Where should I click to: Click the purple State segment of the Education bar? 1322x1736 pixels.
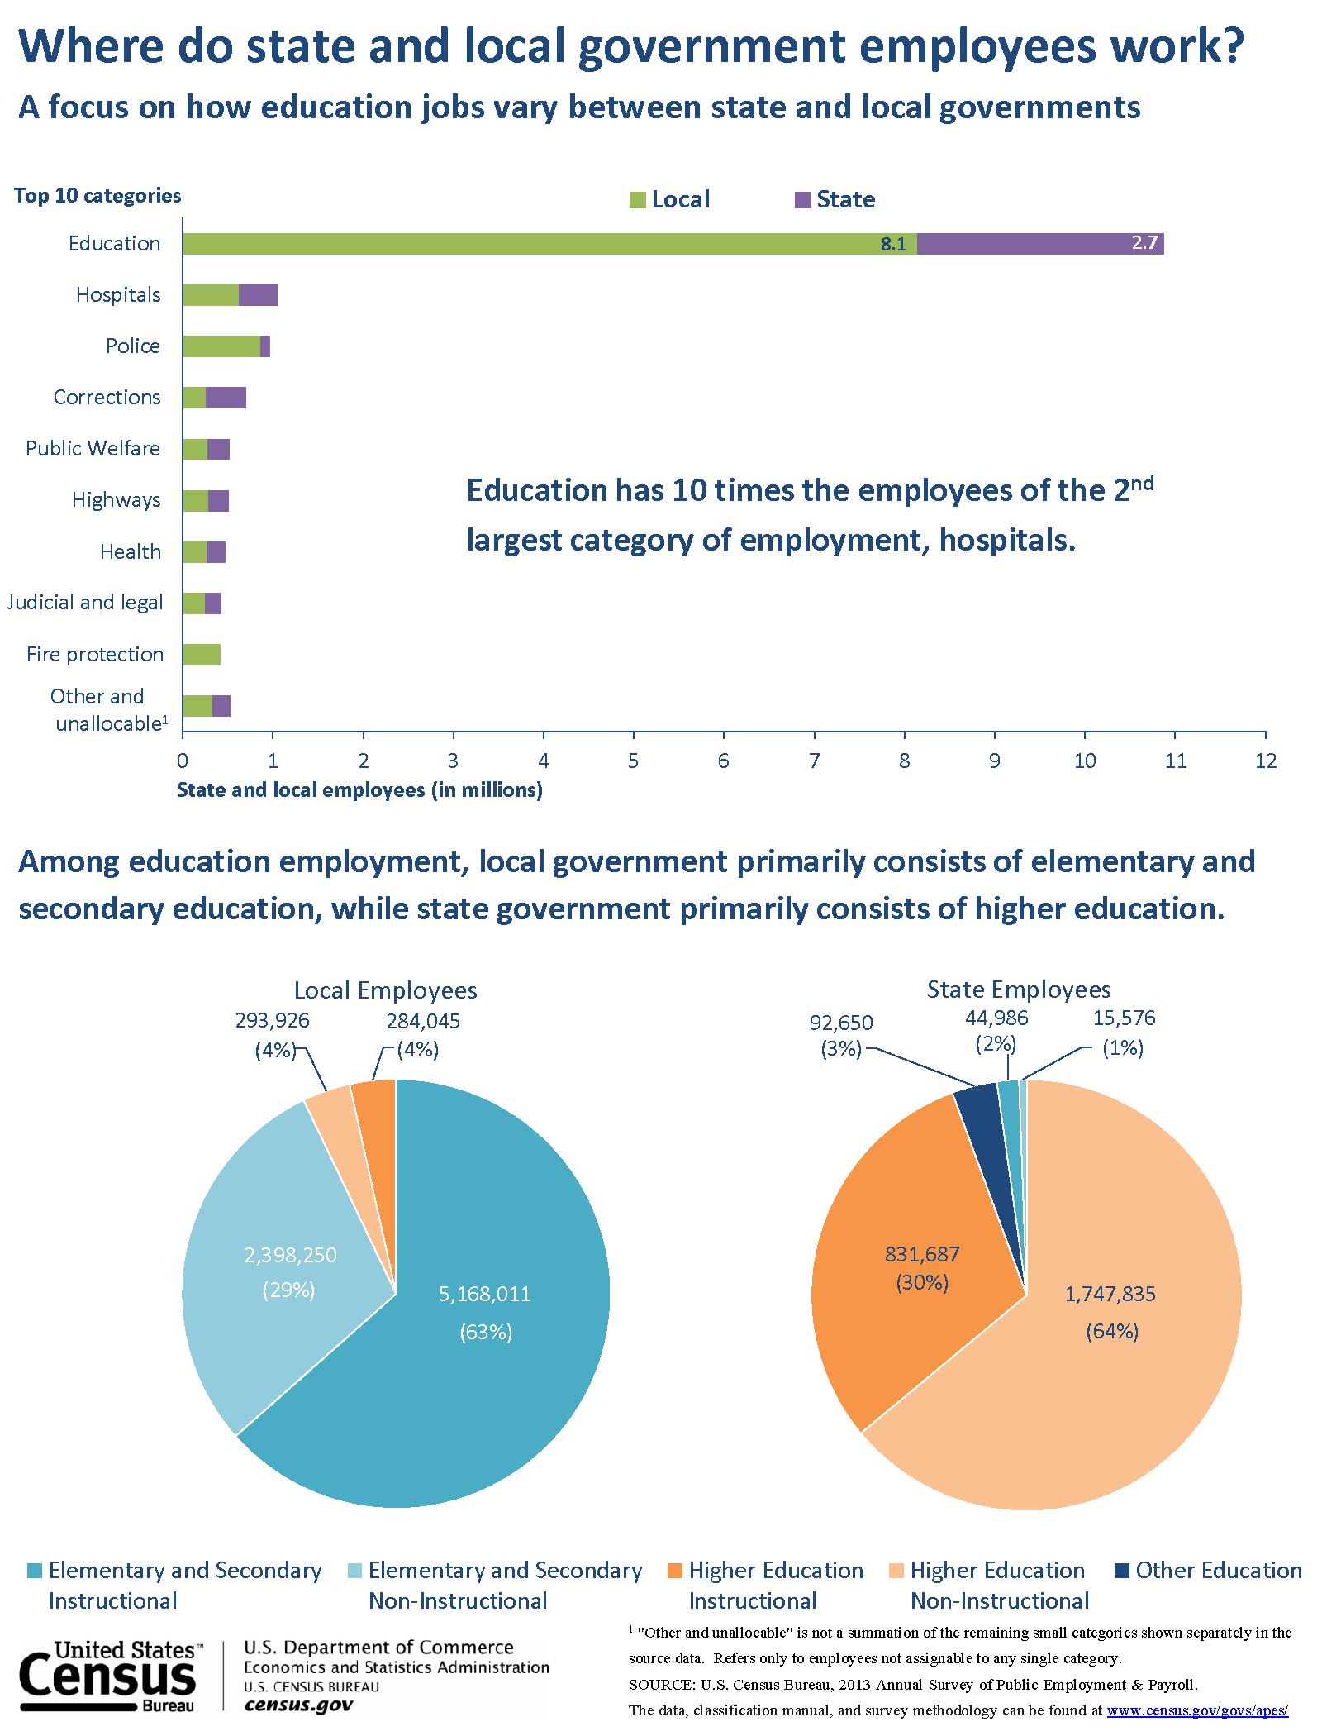[x=1039, y=244]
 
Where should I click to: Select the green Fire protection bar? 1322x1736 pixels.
[x=202, y=655]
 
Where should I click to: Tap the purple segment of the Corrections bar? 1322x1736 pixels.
[x=226, y=398]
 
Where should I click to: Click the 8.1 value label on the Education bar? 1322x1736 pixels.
[x=893, y=244]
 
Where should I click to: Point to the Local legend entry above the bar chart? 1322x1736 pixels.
[x=670, y=199]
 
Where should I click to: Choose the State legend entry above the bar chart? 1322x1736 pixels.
[x=835, y=199]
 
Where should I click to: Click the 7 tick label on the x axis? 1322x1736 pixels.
[x=814, y=761]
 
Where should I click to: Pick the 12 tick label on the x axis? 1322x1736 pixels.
[x=1265, y=761]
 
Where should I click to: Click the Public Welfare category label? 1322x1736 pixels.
[x=93, y=449]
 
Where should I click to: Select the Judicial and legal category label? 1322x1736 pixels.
[x=85, y=603]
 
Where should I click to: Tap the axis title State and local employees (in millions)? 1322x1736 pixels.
[x=359, y=790]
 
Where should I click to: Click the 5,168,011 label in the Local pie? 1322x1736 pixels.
[x=484, y=1294]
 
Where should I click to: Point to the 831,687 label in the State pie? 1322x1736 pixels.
[x=922, y=1254]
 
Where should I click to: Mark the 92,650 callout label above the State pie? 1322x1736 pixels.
[x=841, y=1023]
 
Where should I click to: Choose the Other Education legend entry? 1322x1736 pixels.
[x=1208, y=1571]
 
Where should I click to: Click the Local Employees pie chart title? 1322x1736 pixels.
[x=385, y=990]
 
